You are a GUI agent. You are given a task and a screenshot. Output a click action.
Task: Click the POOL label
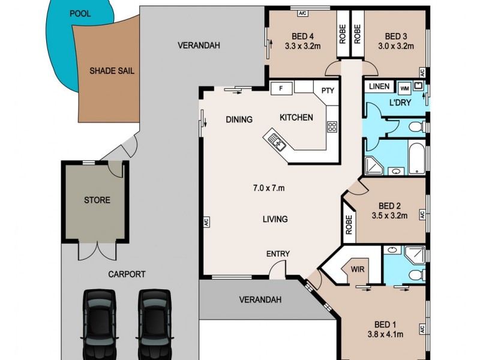pos(80,14)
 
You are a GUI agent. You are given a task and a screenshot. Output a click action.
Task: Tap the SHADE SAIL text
pos(112,71)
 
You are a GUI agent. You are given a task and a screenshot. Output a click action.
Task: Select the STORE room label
pos(97,200)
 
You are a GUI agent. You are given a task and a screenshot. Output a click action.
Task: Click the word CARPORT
pos(127,274)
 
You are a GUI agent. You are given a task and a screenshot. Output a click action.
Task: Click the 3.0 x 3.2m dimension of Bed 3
pos(396,45)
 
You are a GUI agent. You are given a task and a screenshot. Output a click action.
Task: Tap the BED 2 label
pos(390,205)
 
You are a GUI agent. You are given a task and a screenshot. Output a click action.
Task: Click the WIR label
pos(358,268)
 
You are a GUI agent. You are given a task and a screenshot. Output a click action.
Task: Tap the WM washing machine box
pos(404,86)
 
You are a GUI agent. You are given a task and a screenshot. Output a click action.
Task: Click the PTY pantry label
pos(327,91)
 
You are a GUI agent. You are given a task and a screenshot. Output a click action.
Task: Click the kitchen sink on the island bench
pos(277,142)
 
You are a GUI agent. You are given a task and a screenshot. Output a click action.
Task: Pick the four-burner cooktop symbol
pos(332,127)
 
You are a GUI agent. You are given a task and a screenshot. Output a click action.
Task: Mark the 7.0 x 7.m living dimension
pos(268,188)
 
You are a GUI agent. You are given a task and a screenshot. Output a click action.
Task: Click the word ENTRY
pos(278,254)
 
